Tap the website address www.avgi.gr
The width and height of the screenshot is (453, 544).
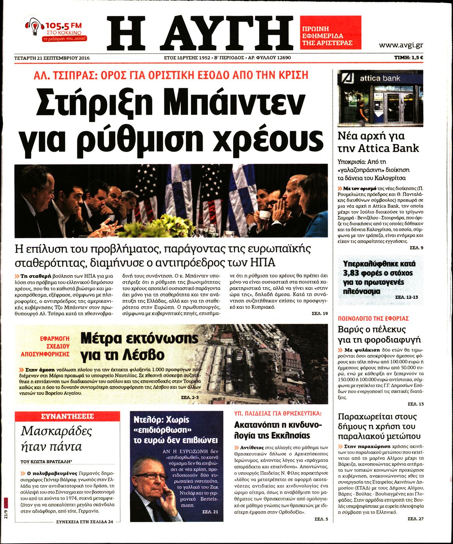401,45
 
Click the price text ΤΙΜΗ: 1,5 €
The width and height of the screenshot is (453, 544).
409,58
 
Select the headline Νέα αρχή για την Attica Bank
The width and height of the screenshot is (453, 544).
378,142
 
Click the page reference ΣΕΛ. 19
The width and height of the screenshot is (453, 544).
319,313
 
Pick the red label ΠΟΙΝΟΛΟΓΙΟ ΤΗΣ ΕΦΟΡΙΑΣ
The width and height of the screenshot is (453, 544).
373,318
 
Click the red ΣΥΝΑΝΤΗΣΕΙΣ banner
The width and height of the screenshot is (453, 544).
67,416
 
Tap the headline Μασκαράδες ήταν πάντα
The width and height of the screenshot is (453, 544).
56,439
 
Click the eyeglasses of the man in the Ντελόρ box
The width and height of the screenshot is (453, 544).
150,476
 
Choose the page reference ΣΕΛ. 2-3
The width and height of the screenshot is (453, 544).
190,397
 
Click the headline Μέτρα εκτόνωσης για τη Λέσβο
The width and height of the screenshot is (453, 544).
139,346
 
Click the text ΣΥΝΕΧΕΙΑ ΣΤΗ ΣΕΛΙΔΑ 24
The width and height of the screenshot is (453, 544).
84,521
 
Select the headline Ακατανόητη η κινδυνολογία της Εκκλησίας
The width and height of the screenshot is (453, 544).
278,430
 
